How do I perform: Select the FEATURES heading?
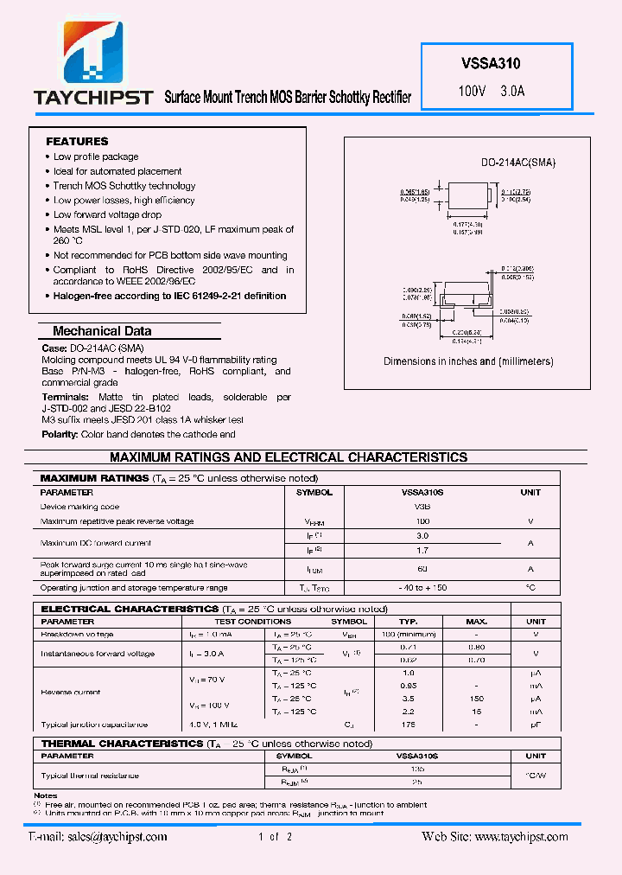(77, 141)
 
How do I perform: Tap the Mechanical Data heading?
(102, 331)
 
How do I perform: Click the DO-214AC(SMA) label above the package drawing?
(518, 163)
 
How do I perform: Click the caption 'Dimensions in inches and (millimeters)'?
(468, 361)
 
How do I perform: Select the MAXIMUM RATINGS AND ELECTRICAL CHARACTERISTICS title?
(289, 457)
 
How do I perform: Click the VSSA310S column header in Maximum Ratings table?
(422, 492)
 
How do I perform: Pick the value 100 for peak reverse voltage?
(422, 521)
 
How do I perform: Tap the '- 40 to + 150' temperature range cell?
(422, 588)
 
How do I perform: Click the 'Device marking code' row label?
(79, 507)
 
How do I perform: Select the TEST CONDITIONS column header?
(252, 621)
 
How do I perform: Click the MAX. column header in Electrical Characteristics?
(476, 621)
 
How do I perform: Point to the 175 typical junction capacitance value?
(409, 725)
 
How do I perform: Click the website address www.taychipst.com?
(521, 836)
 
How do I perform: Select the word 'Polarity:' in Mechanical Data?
(60, 434)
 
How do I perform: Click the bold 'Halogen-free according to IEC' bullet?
(169, 296)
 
